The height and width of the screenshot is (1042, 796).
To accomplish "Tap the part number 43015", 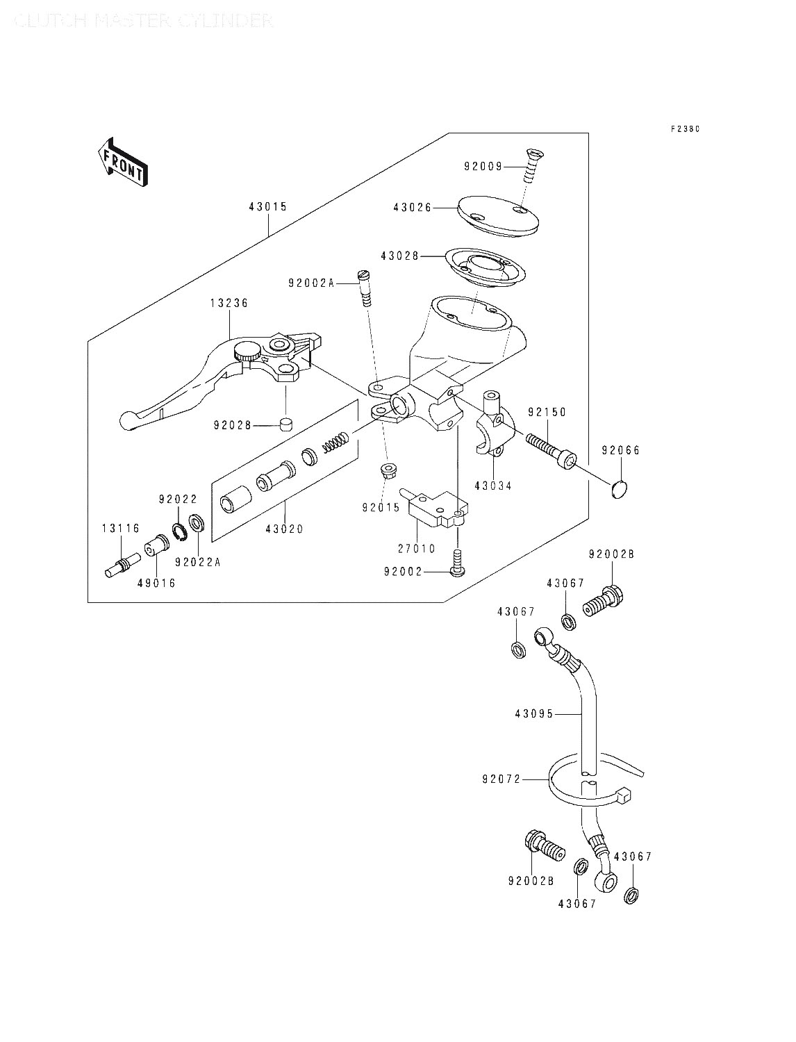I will (268, 207).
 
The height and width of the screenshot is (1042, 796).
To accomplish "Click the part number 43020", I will (284, 529).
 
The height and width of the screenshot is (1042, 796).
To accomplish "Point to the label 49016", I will (156, 584).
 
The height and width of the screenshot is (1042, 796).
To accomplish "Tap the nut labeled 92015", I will (387, 472).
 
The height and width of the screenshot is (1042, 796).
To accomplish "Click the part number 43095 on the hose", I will (534, 713).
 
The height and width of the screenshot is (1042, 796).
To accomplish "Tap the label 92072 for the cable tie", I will (500, 780).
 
